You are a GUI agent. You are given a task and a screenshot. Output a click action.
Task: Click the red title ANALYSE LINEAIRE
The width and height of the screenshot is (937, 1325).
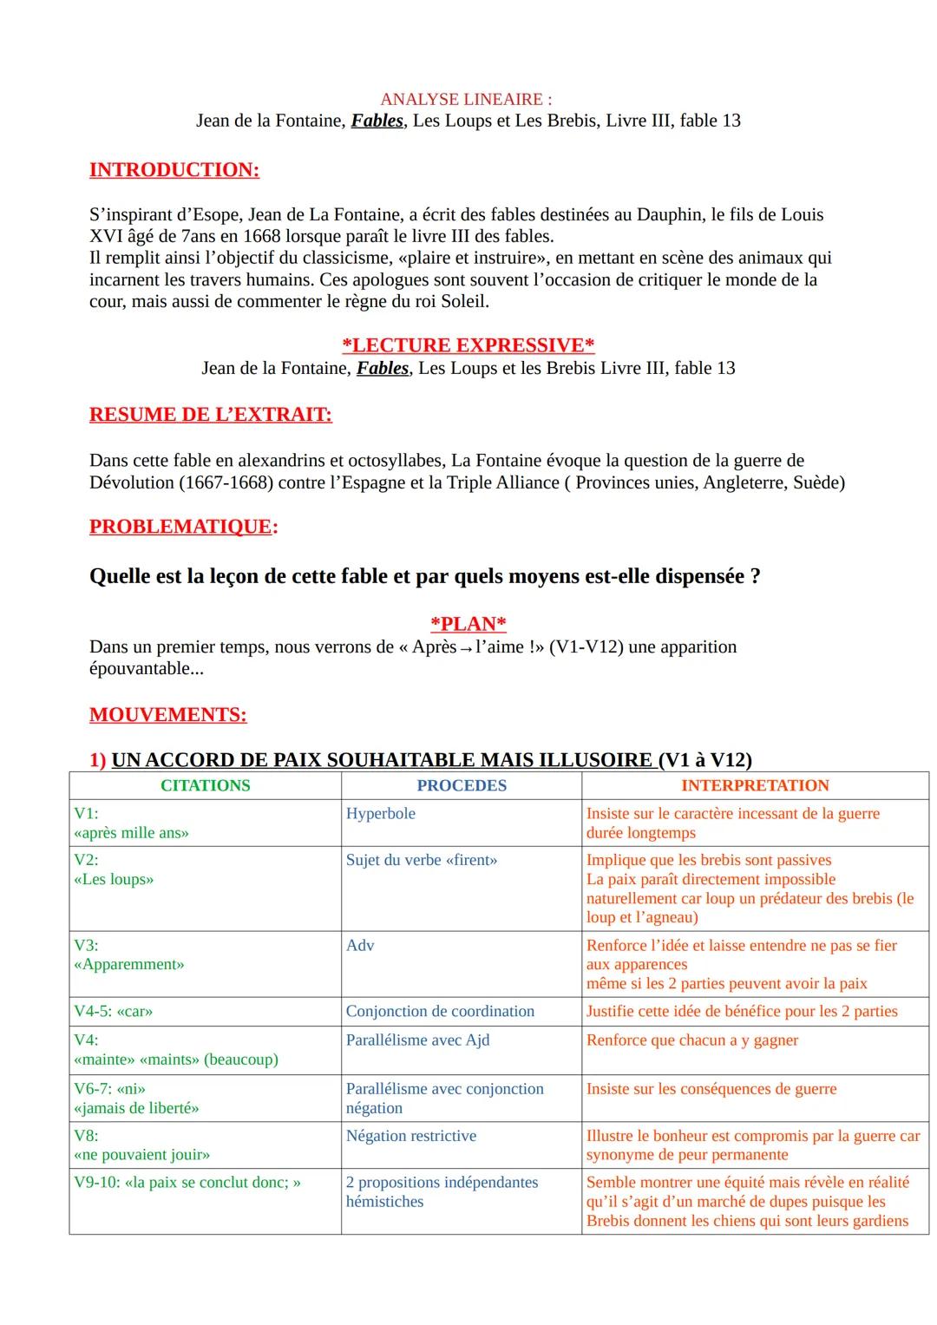click(x=466, y=100)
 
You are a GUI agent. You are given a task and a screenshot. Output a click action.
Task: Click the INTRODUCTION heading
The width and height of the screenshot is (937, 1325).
click(x=174, y=170)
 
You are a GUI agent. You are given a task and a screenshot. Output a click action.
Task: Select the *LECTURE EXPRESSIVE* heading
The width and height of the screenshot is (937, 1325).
click(x=468, y=345)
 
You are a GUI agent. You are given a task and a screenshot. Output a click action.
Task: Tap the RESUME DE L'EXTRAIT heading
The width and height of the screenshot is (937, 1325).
click(x=211, y=415)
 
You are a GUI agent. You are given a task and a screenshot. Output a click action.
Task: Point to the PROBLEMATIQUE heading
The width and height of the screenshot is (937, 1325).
click(x=183, y=527)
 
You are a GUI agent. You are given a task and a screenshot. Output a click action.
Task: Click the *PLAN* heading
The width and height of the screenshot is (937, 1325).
click(x=468, y=624)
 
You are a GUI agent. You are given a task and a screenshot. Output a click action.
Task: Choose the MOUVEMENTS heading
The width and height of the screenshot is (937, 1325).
click(x=167, y=715)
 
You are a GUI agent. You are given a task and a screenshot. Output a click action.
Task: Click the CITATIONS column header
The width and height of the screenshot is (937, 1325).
click(x=205, y=785)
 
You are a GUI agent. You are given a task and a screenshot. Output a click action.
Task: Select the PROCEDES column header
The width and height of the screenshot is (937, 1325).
click(x=462, y=785)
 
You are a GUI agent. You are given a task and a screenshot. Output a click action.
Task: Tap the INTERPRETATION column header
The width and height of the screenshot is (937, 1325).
click(x=755, y=785)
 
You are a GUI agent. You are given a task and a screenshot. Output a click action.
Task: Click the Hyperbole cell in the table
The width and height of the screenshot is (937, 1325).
click(x=380, y=814)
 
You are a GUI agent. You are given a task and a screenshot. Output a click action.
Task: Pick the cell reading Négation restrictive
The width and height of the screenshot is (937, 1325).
click(x=410, y=1136)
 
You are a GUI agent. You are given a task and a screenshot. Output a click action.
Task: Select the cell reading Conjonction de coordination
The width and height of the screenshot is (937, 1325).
click(x=440, y=1012)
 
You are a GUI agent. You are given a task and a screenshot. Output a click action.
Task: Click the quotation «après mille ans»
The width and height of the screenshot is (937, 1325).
click(x=132, y=833)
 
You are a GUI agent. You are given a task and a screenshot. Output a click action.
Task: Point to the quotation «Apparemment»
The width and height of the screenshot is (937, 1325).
click(x=129, y=965)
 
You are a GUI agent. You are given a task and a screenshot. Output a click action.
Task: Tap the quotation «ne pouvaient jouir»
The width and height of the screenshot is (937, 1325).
click(x=142, y=1155)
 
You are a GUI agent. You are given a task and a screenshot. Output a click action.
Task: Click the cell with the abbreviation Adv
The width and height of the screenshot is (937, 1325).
click(x=360, y=946)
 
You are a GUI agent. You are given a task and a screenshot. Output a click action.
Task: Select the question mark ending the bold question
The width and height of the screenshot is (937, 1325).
click(x=755, y=576)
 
